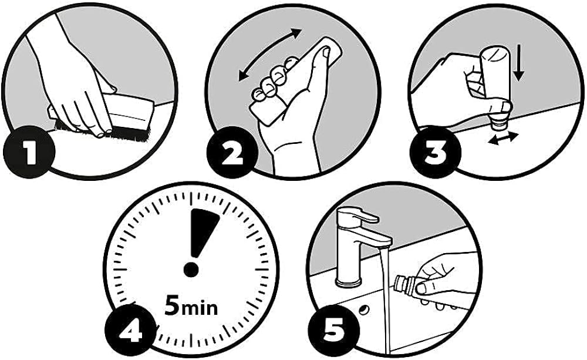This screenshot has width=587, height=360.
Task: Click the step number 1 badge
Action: tap(29, 151)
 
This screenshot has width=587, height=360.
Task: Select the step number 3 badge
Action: tap(435, 152)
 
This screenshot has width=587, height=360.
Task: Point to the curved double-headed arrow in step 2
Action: tap(270, 54)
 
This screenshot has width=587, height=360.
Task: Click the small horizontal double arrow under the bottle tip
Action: tap(503, 138)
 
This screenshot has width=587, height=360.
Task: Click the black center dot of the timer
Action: tap(191, 270)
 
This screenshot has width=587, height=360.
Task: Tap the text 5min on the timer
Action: tap(191, 306)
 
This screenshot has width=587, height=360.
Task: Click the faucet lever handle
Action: tap(363, 216)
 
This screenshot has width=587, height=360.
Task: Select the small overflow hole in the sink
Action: tap(363, 310)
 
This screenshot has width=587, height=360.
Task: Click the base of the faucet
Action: tap(349, 280)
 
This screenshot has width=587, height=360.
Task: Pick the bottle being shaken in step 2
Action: tap(296, 81)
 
